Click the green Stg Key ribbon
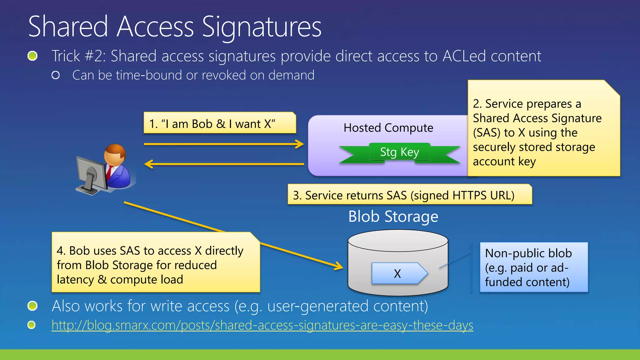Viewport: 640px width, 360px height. (x=399, y=152)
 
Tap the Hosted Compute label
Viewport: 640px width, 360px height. (x=388, y=128)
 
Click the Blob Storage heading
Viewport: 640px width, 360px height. (x=393, y=217)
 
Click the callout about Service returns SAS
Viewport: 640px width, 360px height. (x=409, y=195)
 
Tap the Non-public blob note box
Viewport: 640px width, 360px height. (x=534, y=267)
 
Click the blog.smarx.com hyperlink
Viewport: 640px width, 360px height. (x=262, y=325)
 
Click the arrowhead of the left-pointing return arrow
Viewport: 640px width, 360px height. (x=148, y=164)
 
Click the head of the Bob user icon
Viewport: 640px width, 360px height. (x=115, y=154)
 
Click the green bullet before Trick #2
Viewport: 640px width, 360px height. (x=32, y=56)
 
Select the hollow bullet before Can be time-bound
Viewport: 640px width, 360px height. (x=56, y=75)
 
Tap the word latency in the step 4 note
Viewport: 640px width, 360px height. (x=75, y=280)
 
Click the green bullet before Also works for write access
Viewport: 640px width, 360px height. (x=32, y=306)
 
